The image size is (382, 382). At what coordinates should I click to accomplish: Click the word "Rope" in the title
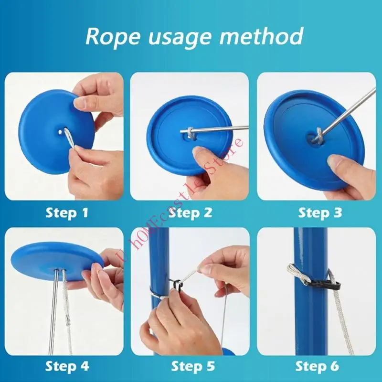tap(113, 36)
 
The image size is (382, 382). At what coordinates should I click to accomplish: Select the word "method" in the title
tap(262, 36)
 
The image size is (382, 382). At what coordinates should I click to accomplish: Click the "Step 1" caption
tap(67, 213)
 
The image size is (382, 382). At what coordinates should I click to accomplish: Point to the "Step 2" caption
tap(190, 213)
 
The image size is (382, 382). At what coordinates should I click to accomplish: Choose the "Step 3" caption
tap(320, 213)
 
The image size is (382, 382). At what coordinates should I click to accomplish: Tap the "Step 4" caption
tap(67, 366)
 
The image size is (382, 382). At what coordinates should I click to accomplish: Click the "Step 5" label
tap(193, 366)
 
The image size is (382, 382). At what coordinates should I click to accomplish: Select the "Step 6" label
tap(317, 366)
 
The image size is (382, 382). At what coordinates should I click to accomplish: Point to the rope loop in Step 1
tap(70, 139)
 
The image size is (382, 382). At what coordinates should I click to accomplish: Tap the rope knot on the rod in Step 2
tap(191, 133)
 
